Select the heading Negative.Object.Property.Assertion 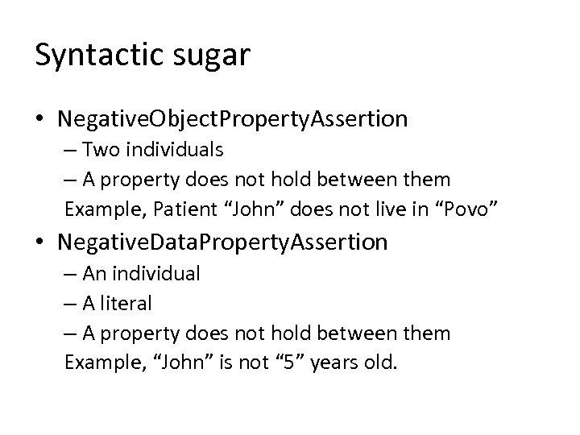coord(232,119)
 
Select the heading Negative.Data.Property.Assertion coord(222,241)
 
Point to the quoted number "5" coord(291,362)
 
